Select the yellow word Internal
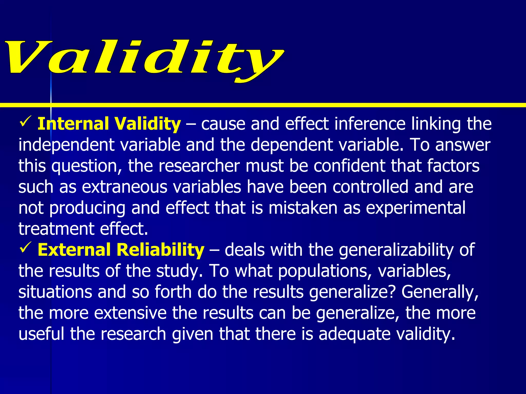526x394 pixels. [x=73, y=124]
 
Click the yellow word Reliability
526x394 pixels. [x=160, y=250]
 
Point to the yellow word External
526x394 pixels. [x=74, y=250]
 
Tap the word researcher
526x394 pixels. [x=199, y=166]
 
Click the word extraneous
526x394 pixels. [x=125, y=187]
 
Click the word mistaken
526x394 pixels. [x=303, y=208]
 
